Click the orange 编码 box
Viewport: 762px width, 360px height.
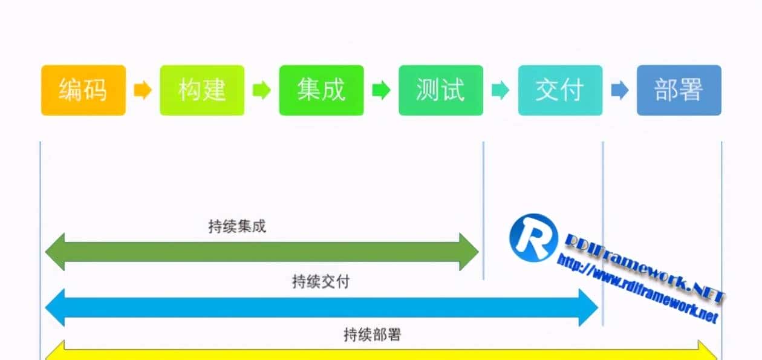[x=83, y=90]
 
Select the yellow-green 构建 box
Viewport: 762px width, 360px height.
[x=202, y=90]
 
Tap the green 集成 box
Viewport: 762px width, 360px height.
[x=321, y=90]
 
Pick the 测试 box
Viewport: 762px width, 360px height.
[x=440, y=90]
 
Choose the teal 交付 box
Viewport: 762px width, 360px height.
[x=560, y=90]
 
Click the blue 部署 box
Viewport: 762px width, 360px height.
[x=679, y=90]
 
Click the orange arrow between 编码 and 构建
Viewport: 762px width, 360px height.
[x=143, y=91]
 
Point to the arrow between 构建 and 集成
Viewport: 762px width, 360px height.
[x=261, y=91]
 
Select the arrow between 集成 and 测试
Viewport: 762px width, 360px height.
[x=381, y=91]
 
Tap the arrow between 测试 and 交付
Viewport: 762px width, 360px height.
[x=500, y=91]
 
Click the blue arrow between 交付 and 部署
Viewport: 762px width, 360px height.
[x=619, y=91]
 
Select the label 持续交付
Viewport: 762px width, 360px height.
[x=321, y=281]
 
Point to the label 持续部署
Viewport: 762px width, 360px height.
[x=372, y=334]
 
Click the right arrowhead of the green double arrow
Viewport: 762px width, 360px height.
[x=469, y=252]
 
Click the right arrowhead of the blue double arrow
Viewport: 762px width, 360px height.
[x=588, y=307]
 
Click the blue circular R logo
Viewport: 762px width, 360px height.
[x=533, y=238]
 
